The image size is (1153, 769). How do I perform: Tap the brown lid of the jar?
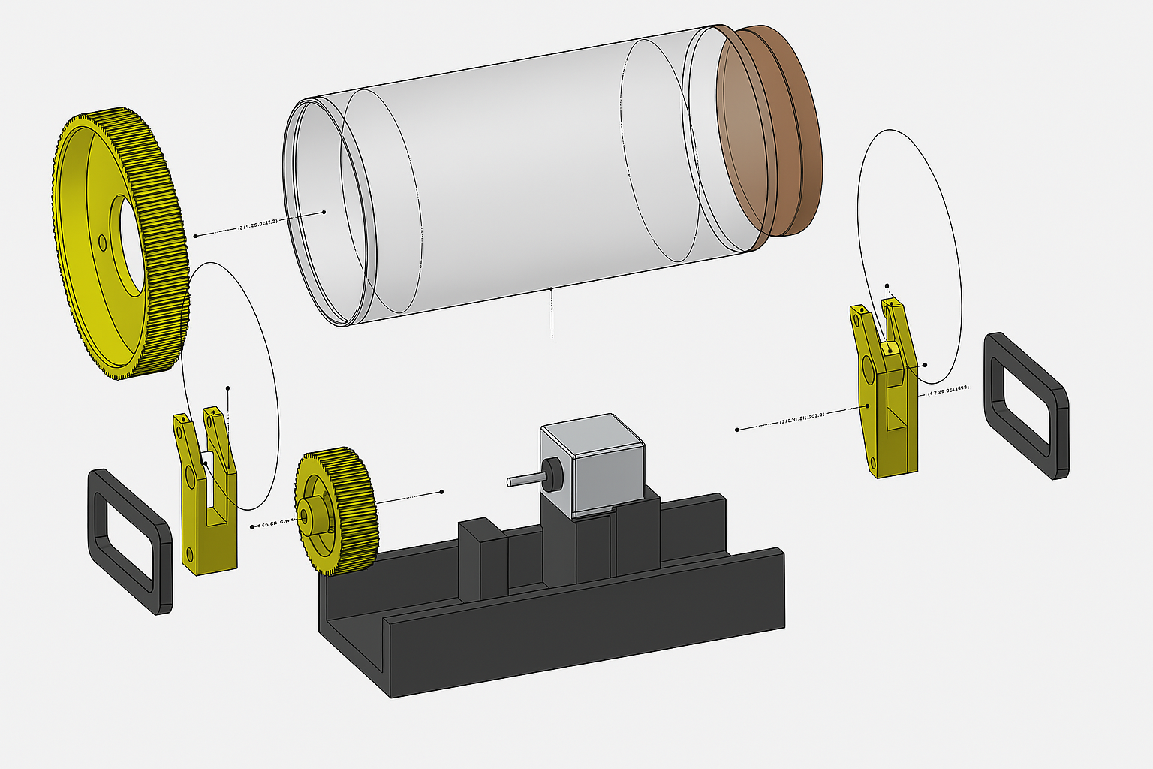[x=769, y=131]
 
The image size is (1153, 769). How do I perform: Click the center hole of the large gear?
[x=129, y=240]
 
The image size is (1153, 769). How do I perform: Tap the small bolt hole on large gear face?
[x=102, y=242]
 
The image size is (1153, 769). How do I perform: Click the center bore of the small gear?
[x=304, y=517]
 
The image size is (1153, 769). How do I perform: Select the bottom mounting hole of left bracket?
[x=189, y=555]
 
